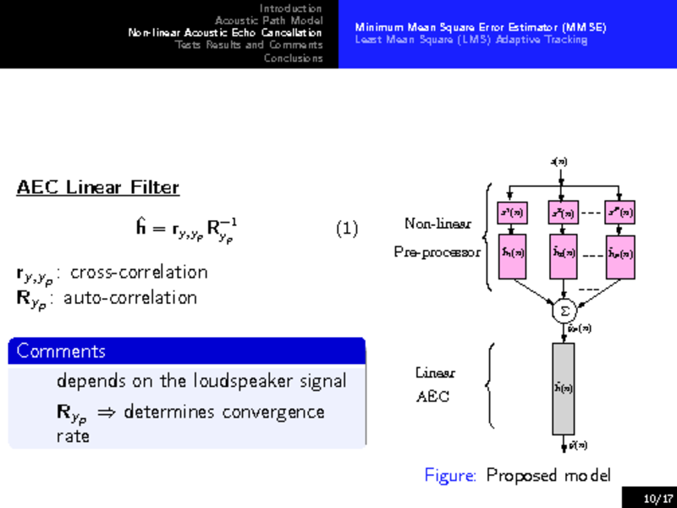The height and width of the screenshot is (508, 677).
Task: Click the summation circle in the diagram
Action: (x=564, y=311)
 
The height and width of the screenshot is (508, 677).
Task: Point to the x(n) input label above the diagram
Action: (x=559, y=160)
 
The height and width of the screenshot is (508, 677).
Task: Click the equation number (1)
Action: (x=347, y=229)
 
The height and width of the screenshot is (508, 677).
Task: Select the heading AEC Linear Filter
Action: (x=98, y=187)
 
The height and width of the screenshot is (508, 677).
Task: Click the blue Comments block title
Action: (x=61, y=351)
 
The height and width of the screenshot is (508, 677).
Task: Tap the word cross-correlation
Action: (x=139, y=273)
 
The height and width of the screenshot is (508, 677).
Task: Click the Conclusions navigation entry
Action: (x=293, y=58)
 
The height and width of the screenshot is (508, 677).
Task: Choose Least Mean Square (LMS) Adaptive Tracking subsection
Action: (x=471, y=39)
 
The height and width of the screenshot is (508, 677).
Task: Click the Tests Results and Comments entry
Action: (x=249, y=45)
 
